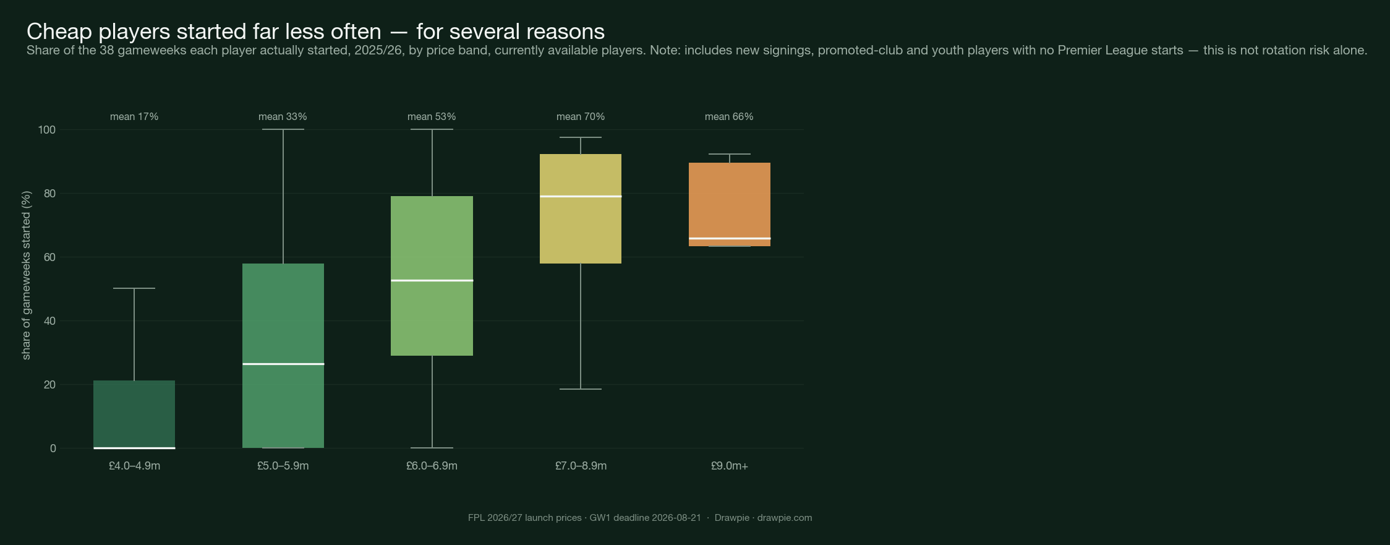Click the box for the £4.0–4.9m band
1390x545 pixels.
(134, 414)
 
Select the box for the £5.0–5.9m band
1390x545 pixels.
(283, 356)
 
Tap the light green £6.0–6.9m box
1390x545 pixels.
(432, 276)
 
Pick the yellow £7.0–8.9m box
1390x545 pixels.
(581, 209)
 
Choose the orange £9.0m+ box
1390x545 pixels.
(730, 204)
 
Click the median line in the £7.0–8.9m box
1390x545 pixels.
(581, 196)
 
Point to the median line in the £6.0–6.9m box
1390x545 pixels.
(432, 280)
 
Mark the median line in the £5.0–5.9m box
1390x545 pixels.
(283, 364)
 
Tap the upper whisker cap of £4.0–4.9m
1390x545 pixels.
(134, 288)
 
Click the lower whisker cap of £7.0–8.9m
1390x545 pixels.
(581, 389)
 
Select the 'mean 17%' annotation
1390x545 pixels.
(134, 116)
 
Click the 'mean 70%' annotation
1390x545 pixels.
(581, 116)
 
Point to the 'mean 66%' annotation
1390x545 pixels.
(729, 116)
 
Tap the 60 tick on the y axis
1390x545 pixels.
(49, 257)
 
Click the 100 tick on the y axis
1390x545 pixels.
(47, 130)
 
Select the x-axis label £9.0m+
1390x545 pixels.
(730, 466)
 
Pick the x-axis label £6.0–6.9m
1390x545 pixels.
(432, 466)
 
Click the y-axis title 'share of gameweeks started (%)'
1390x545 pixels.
(26, 275)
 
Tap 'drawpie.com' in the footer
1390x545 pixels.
(785, 518)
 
